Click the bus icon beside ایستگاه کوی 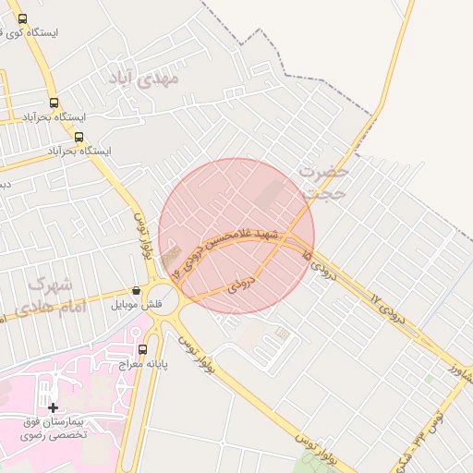coord(22,18)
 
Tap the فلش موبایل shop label coord(137,304)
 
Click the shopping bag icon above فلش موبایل coord(137,290)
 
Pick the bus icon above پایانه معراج coord(142,349)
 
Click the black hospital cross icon coord(53,407)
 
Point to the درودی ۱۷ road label coord(387,305)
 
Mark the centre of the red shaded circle coord(236,236)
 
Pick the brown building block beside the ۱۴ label coord(172,259)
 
